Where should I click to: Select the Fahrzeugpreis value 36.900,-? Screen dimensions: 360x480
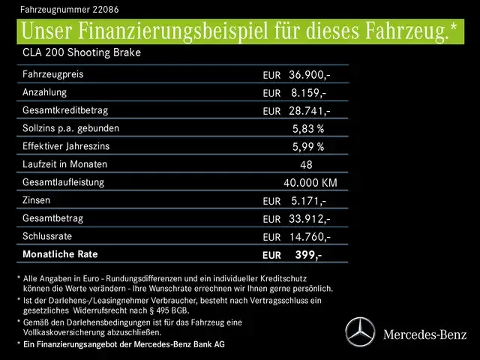tap(309, 75)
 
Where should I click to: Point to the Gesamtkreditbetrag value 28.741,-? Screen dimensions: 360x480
tap(309, 111)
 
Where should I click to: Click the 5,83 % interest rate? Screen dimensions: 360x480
tap(308, 129)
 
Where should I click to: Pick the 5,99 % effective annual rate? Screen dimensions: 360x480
tap(308, 147)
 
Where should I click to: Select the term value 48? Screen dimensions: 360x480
tap(306, 165)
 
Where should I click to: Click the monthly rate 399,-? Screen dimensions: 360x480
tap(308, 255)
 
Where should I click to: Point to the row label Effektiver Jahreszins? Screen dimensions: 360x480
tap(70, 146)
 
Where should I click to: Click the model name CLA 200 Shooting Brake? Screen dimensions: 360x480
tap(82, 53)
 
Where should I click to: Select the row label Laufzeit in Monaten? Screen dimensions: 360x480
tap(65, 164)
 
